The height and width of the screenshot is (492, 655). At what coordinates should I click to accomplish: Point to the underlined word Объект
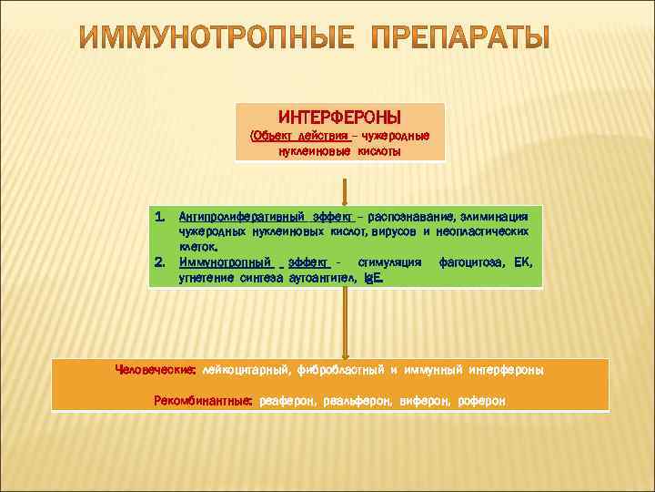(272, 136)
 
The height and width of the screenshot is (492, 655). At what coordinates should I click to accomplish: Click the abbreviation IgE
(373, 275)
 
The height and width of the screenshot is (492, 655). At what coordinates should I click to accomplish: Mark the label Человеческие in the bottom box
(155, 370)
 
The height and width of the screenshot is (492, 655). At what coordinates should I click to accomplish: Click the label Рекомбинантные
(202, 401)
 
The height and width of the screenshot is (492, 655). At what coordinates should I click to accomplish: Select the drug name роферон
(482, 401)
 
